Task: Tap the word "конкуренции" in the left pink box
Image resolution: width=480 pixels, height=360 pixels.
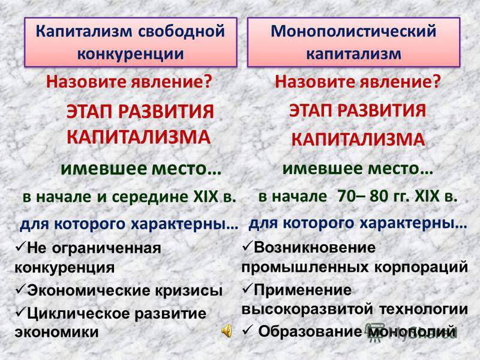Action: point(130,54)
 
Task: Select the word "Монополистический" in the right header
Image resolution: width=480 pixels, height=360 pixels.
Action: point(353,31)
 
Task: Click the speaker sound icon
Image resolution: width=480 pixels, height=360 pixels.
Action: point(227,332)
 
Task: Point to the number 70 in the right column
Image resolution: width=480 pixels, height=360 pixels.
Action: point(346,196)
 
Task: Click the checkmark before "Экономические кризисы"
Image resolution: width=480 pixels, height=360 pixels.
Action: point(20,290)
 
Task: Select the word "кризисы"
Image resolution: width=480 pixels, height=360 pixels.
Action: point(188,290)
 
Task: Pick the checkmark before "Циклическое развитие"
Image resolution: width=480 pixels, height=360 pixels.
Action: point(20,312)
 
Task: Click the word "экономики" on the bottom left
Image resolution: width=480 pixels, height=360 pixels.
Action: point(56,332)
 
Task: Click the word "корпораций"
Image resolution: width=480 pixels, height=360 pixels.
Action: point(421,267)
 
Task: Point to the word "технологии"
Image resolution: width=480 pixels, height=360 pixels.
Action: point(424,309)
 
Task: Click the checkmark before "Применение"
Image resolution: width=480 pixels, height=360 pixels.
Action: point(247,289)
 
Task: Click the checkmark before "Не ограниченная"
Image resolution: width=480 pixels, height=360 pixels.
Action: point(20,247)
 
